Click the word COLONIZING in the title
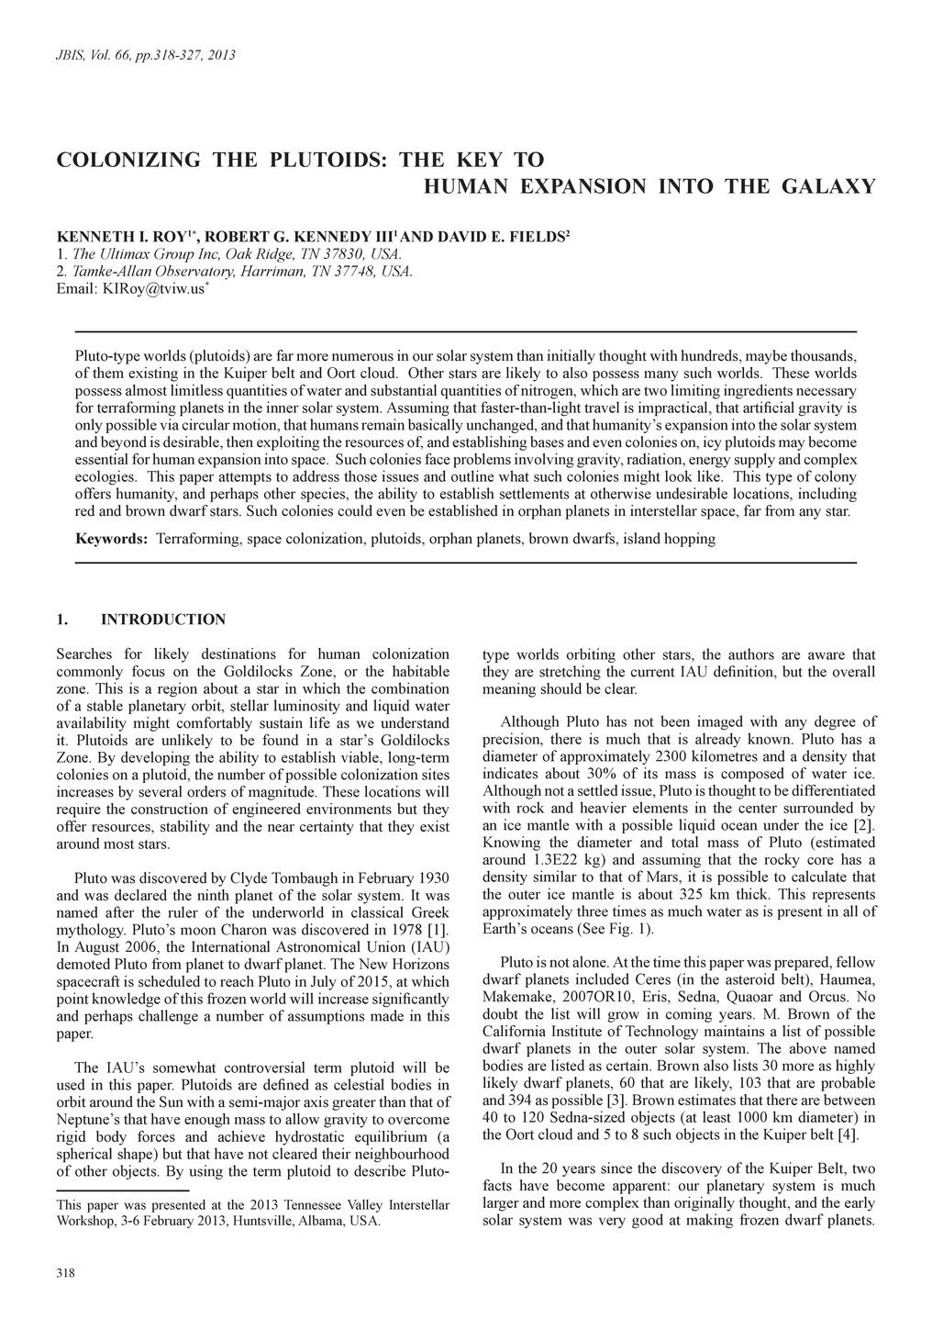[128, 160]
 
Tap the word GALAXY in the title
[828, 186]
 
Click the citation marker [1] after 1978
[441, 931]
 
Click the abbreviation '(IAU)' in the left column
[430, 948]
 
